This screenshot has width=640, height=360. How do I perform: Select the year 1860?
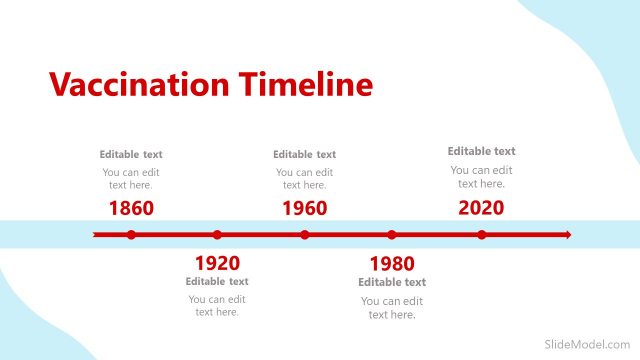(131, 208)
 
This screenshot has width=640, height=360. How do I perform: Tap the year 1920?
(217, 263)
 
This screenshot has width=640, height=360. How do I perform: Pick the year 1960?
(305, 208)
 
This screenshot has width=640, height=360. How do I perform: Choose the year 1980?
(392, 264)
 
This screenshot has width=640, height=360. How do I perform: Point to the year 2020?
(481, 208)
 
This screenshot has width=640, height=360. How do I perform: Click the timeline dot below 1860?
(131, 235)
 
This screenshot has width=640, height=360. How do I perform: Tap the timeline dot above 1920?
(217, 235)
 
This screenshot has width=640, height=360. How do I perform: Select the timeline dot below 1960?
(305, 235)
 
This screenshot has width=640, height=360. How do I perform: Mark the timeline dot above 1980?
(392, 235)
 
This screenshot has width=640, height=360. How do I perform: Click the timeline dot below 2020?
(481, 235)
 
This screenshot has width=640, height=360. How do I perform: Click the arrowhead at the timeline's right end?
(567, 235)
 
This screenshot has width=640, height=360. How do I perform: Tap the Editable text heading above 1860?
(131, 155)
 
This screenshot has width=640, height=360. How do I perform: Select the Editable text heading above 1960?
(305, 155)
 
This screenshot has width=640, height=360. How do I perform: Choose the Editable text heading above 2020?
(481, 151)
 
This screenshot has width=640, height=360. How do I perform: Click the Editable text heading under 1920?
(217, 281)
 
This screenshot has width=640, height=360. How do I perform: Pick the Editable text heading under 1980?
(392, 282)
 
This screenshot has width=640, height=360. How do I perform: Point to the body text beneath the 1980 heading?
(392, 308)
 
